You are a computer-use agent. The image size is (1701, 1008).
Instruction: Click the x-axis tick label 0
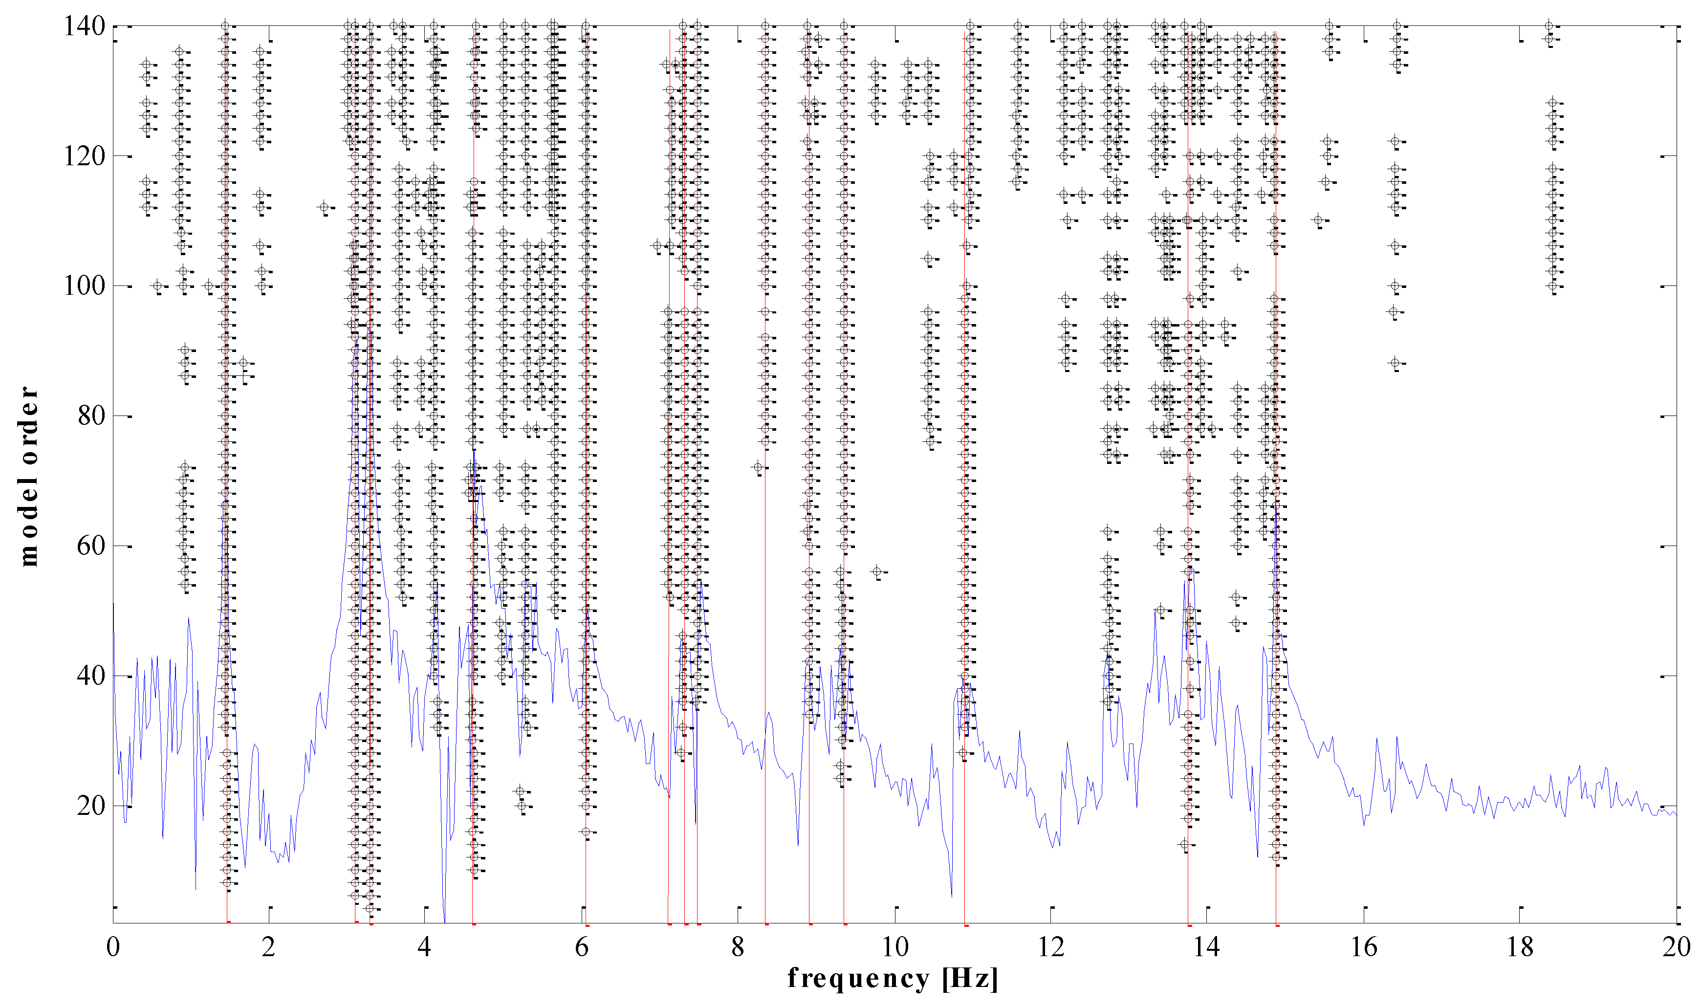pos(113,947)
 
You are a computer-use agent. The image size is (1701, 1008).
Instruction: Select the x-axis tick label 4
pos(425,947)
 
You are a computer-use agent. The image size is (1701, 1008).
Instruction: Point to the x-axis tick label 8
pos(738,947)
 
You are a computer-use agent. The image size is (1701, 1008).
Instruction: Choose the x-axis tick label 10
pos(895,947)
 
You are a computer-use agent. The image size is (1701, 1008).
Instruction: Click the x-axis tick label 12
pos(1051,947)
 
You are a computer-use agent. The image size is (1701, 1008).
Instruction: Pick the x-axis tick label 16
pos(1364,947)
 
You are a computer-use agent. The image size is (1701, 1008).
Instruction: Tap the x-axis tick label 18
pos(1520,947)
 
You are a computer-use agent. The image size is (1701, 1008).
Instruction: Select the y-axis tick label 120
pos(84,156)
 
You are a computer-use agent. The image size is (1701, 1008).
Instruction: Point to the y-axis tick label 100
pos(84,286)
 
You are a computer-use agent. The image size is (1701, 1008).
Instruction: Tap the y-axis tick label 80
pos(91,416)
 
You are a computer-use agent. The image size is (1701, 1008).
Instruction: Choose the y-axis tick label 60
pos(91,546)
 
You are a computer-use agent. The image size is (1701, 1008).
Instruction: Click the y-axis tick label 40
pos(91,676)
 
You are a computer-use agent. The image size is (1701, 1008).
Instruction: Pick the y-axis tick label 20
pos(91,806)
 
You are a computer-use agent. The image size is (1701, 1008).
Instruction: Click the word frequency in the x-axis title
pos(858,978)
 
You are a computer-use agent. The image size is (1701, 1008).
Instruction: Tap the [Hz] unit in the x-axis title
pos(970,979)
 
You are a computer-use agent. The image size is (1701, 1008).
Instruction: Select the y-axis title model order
pos(28,476)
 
